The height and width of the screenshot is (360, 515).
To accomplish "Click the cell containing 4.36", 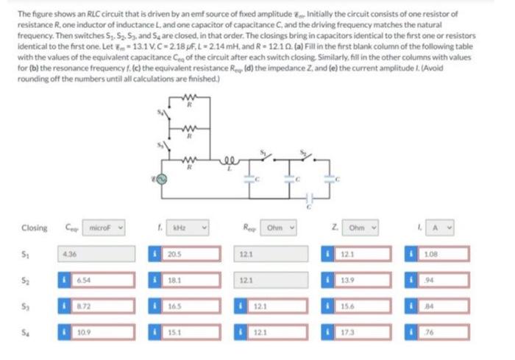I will (x=93, y=255).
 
